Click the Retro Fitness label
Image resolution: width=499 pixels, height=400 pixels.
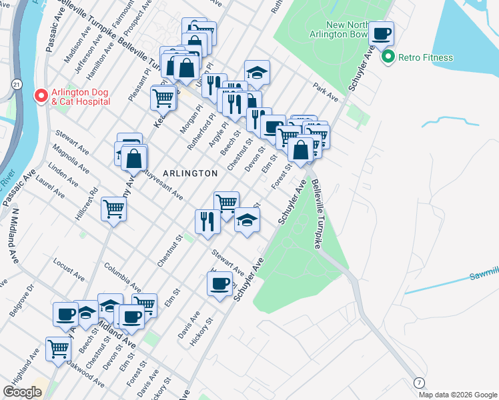(x=425, y=57)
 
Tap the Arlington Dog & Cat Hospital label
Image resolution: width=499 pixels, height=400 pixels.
(x=78, y=97)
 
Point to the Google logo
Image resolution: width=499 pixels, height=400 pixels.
(x=23, y=392)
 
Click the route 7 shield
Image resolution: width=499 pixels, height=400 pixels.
(x=419, y=382)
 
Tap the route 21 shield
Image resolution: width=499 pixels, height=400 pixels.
(x=15, y=85)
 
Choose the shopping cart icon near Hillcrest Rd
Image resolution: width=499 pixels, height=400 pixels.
(x=114, y=209)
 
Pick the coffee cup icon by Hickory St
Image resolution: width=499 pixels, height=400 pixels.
(x=219, y=285)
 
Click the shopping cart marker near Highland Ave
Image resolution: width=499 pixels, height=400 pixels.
(x=59, y=348)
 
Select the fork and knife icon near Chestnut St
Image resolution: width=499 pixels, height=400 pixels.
(x=207, y=221)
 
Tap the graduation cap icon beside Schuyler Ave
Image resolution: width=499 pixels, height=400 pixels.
(x=247, y=221)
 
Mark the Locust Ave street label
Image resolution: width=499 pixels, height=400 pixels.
(x=67, y=270)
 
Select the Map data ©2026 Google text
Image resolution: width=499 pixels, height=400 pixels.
(x=457, y=395)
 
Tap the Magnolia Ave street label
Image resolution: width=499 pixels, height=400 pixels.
(x=73, y=159)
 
